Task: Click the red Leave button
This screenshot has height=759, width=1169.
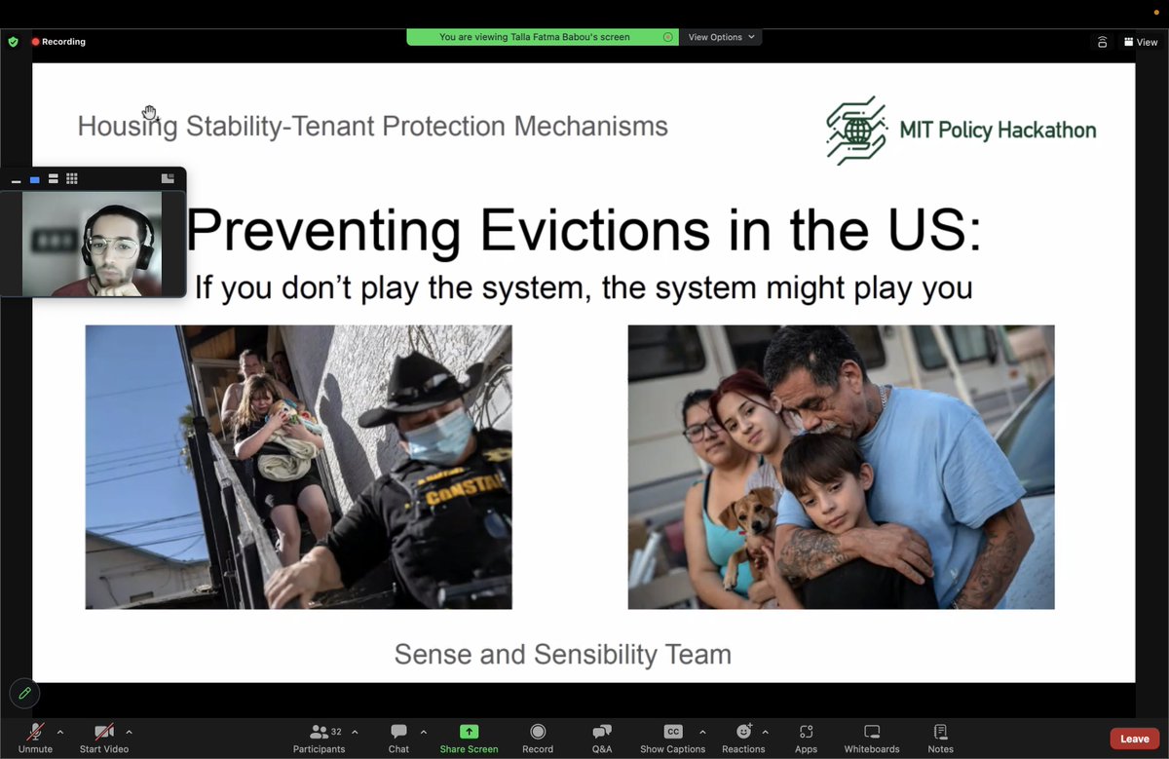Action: click(x=1134, y=739)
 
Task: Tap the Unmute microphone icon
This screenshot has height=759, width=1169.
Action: click(x=35, y=732)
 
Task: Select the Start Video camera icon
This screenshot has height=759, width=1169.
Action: click(x=103, y=732)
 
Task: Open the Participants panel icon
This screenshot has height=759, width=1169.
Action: click(x=319, y=732)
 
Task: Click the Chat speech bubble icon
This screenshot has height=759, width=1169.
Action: click(x=398, y=732)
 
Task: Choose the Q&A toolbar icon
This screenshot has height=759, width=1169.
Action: click(x=602, y=732)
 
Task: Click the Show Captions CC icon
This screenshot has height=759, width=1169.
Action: click(x=672, y=732)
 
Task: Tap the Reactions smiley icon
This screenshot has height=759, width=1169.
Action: click(x=743, y=732)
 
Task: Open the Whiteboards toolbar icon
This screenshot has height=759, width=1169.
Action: click(x=872, y=732)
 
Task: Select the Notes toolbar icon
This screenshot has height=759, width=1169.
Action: click(x=940, y=732)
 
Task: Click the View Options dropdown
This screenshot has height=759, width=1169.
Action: click(x=721, y=37)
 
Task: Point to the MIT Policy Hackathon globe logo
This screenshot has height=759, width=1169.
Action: click(x=856, y=130)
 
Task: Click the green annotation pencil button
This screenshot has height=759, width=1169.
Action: click(x=24, y=693)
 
